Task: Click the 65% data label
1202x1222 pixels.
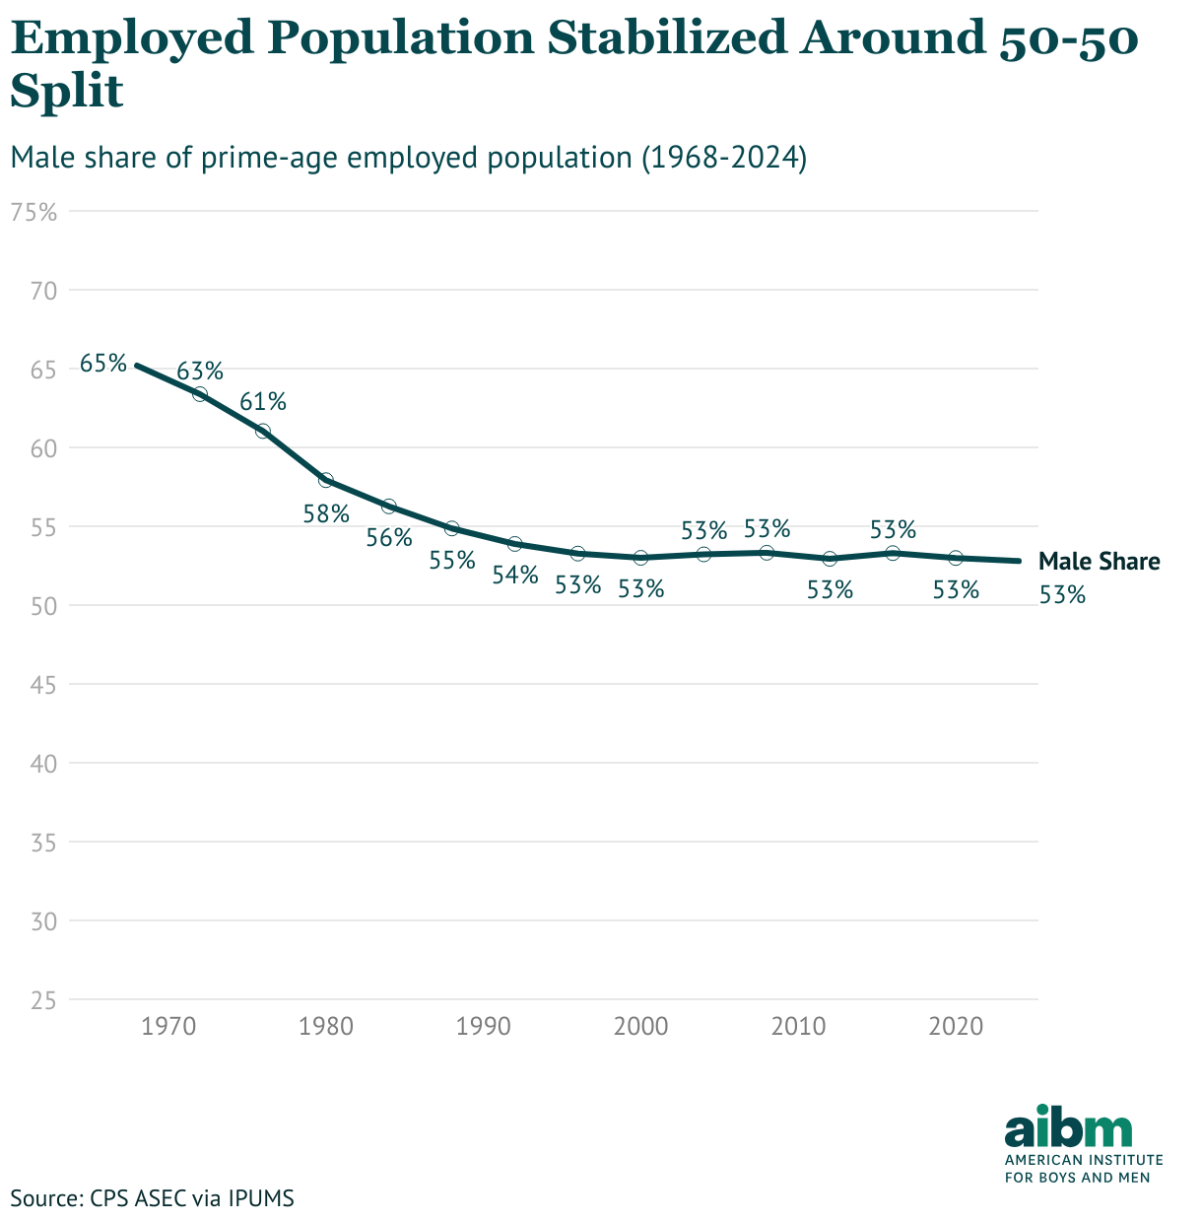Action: pos(103,363)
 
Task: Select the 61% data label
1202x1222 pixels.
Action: pos(263,402)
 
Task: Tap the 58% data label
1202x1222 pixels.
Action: pos(326,513)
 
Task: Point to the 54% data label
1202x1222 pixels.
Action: pos(515,575)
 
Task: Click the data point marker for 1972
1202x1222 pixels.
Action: pos(200,394)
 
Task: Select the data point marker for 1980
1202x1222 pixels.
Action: pos(326,480)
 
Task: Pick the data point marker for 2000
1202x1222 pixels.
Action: pos(640,558)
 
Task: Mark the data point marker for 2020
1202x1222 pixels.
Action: pos(955,558)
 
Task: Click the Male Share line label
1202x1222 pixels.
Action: pos(1100,562)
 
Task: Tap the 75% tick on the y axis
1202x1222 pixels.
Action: pos(35,212)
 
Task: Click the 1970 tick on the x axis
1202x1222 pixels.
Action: pos(168,1027)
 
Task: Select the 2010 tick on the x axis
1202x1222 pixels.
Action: pos(798,1027)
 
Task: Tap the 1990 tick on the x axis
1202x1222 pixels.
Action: pos(483,1027)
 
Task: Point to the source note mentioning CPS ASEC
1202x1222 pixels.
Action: pos(153,1198)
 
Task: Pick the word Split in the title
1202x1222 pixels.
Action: pos(67,93)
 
